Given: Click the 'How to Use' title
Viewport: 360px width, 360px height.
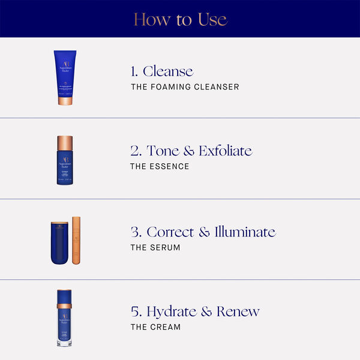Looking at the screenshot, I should (x=180, y=19).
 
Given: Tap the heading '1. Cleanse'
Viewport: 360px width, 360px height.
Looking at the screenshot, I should (x=162, y=72).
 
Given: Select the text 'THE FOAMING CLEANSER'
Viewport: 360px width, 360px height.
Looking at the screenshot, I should (x=184, y=87).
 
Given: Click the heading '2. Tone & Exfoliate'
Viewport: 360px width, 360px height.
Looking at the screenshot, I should (x=191, y=151).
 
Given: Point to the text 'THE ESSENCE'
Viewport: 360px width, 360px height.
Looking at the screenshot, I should (x=159, y=166).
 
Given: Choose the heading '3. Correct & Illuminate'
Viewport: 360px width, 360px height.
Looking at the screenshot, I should (x=203, y=232).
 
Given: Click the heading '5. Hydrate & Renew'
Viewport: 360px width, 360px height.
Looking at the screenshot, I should (x=195, y=311).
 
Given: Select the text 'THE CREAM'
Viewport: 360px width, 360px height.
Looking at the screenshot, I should (x=155, y=327).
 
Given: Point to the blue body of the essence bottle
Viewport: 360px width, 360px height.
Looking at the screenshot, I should (x=65, y=168).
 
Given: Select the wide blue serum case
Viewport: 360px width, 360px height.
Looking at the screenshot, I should (x=60, y=243).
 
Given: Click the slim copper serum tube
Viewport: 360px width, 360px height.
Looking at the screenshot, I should (x=76, y=241).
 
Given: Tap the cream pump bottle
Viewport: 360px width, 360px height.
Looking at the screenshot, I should (x=65, y=318).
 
